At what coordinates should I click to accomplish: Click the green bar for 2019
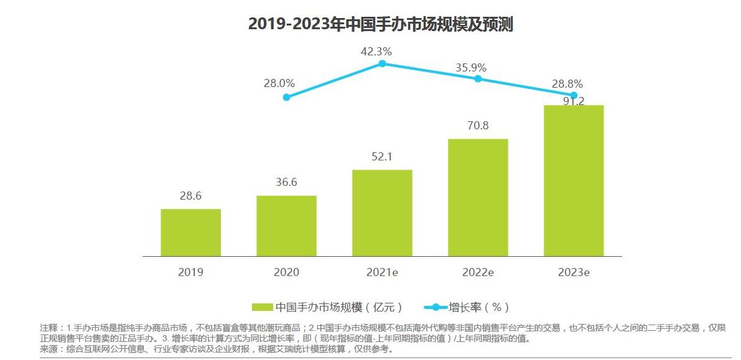tap(190, 233)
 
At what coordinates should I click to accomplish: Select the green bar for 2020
tap(286, 226)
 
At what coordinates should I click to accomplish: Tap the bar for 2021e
tap(382, 213)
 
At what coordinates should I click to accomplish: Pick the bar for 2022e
tap(478, 197)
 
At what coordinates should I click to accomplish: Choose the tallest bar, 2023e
tap(574, 180)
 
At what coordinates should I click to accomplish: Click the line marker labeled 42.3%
tap(382, 63)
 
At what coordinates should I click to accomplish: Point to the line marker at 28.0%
tap(286, 97)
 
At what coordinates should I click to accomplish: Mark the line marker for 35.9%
tap(478, 78)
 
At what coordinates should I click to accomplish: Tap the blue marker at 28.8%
tap(574, 95)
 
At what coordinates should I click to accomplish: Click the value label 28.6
tap(190, 196)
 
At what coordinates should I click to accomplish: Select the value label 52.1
tap(382, 157)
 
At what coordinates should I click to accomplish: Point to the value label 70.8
tap(478, 126)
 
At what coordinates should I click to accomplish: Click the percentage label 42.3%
tap(376, 51)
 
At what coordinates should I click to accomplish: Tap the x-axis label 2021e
tap(382, 272)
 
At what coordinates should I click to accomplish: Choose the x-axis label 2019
tap(190, 272)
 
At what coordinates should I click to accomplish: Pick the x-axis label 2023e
tap(574, 272)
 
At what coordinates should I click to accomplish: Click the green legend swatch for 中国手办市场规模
tap(262, 307)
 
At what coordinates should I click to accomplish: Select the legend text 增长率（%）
tap(479, 307)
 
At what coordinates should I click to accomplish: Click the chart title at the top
tap(380, 24)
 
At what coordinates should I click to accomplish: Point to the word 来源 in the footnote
tap(48, 349)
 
